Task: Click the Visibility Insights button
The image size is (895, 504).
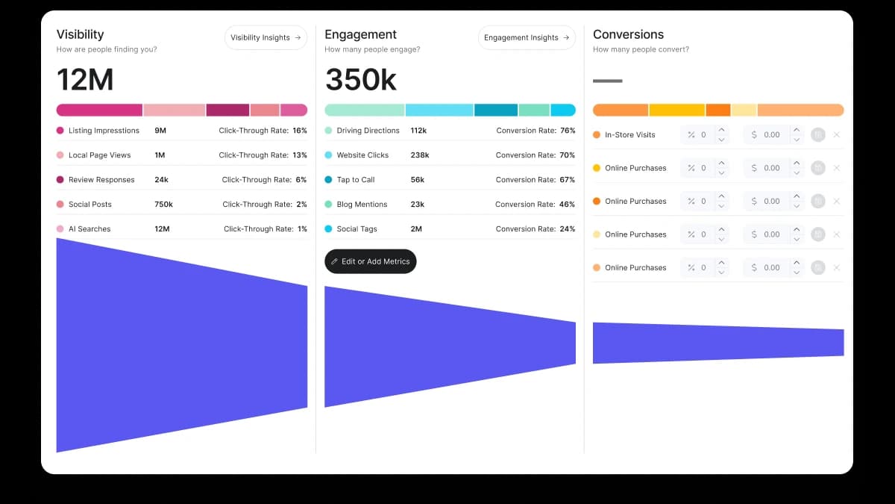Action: point(266,37)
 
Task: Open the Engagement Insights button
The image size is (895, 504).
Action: point(527,37)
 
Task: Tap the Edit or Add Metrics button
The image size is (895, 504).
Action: point(371,261)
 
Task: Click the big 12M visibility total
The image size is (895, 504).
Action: point(85,80)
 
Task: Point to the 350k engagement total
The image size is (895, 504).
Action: point(361,80)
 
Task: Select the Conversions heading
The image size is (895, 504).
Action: point(628,34)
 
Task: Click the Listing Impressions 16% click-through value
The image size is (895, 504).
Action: point(300,131)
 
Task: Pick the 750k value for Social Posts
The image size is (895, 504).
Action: point(164,205)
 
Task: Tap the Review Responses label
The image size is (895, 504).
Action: point(101,180)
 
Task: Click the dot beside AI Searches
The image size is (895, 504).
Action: point(60,228)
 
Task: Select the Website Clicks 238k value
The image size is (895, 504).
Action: point(419,155)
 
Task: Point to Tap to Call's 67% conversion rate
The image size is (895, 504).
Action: point(568,180)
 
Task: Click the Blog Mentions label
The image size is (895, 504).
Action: point(362,205)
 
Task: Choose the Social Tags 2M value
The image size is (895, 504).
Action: point(416,228)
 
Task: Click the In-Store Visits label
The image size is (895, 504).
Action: point(630,135)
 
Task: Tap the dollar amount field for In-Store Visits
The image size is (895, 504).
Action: point(767,135)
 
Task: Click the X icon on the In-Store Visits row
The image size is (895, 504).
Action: point(837,135)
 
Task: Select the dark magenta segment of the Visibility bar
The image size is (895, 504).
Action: point(227,110)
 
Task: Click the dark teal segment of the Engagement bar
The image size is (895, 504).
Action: point(496,110)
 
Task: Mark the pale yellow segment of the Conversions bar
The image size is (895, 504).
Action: point(744,110)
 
